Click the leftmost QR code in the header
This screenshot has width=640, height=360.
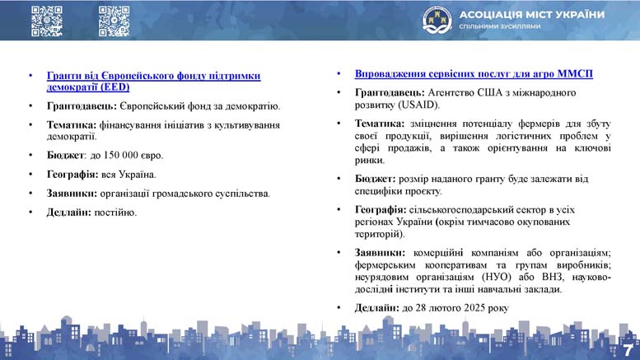[x=47, y=21]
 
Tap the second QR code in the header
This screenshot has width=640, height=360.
[x=114, y=21]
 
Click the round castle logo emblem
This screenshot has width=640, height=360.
[x=437, y=20]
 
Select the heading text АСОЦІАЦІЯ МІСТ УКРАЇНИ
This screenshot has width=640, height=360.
[x=532, y=15]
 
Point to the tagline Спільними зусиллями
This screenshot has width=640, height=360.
[x=500, y=26]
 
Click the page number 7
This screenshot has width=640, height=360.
[x=628, y=350]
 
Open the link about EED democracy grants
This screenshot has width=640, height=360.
[x=153, y=82]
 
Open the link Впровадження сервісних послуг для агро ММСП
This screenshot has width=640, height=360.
[x=474, y=74]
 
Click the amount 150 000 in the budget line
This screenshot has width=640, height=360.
[x=121, y=155]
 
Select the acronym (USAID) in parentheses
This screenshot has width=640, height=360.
[x=418, y=105]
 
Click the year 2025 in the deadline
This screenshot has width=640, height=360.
[x=475, y=308]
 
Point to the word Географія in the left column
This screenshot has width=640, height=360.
[x=72, y=175]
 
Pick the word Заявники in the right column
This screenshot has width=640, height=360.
[x=380, y=253]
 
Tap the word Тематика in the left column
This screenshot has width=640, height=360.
[x=72, y=125]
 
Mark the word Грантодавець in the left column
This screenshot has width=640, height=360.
[x=82, y=106]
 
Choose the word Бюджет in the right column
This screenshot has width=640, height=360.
[x=375, y=179]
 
